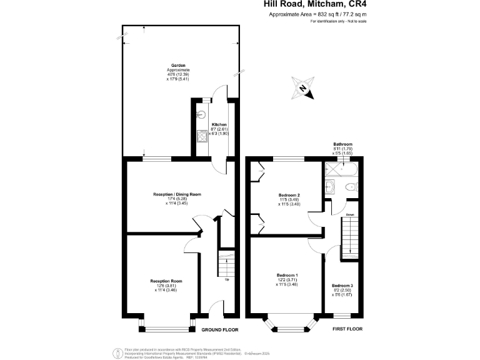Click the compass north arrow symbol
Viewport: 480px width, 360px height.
[x=302, y=87]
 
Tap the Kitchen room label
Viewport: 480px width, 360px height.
[x=219, y=124]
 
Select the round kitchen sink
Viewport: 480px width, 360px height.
[x=202, y=114]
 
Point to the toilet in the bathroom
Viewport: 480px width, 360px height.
[x=351, y=187]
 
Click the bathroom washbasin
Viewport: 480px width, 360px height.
[x=331, y=186]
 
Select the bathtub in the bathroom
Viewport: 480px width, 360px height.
[x=341, y=168]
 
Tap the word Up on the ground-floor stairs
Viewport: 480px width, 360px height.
[x=227, y=279]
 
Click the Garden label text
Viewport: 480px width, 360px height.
[x=181, y=65]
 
